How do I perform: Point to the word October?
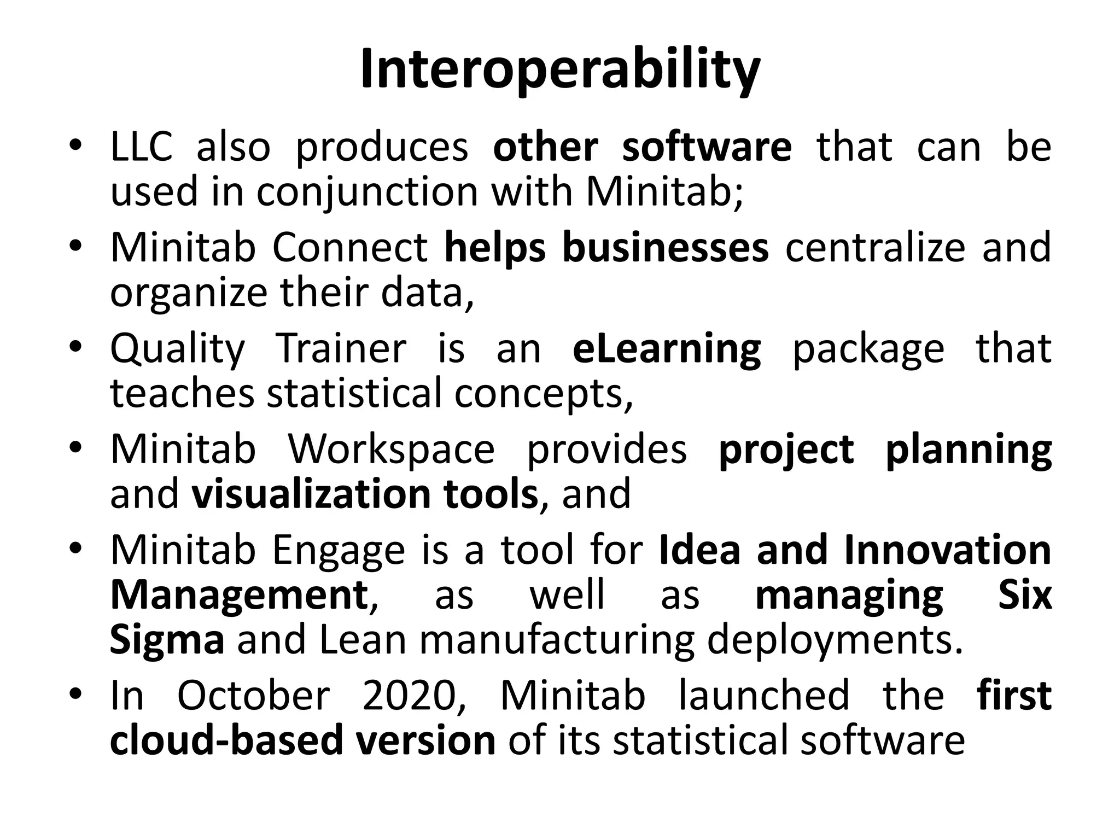[x=253, y=695]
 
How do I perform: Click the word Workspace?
[x=391, y=450]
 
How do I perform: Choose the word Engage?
[x=339, y=550]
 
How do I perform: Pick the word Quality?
[x=178, y=350]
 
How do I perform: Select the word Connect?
[x=349, y=247]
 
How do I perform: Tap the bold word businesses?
[x=666, y=247]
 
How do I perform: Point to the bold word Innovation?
[x=947, y=550]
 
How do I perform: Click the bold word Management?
[x=240, y=595]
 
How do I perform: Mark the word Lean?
[x=363, y=640]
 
